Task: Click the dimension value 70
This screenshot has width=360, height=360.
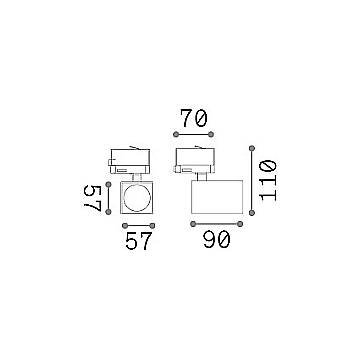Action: [194, 118]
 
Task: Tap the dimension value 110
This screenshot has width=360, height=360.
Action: [268, 180]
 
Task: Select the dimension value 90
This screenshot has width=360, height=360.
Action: [217, 240]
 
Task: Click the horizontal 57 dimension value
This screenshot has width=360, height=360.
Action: [139, 241]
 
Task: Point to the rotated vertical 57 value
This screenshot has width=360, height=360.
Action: [92, 198]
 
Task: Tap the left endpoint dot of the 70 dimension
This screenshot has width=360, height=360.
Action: [176, 134]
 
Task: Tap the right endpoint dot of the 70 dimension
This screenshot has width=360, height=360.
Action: [211, 134]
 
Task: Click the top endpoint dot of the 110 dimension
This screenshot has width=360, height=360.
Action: [252, 148]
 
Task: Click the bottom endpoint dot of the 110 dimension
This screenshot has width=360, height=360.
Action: [252, 213]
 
